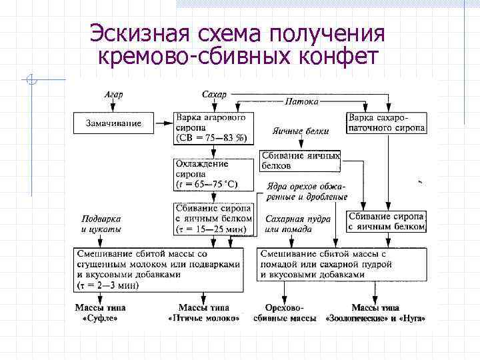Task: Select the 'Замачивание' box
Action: (x=113, y=123)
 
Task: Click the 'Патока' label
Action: (x=301, y=101)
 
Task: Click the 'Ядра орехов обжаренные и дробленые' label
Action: (x=306, y=191)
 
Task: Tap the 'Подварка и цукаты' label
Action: (x=101, y=224)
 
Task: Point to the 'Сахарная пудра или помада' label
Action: (x=288, y=224)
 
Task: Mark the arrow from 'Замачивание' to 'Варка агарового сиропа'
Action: (x=163, y=122)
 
